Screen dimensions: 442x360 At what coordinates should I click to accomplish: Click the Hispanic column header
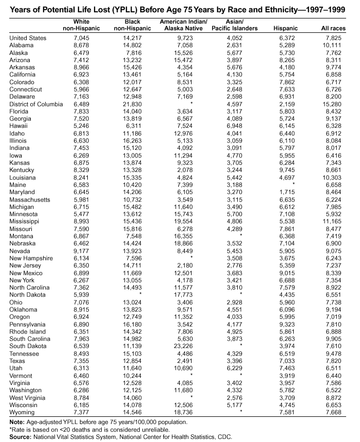286,28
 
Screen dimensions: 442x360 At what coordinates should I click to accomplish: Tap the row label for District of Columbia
34,104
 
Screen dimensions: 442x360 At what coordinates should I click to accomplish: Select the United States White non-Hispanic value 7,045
82,38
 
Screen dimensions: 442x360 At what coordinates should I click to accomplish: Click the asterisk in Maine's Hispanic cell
293,185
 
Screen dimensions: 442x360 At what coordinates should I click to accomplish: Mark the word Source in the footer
20,437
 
